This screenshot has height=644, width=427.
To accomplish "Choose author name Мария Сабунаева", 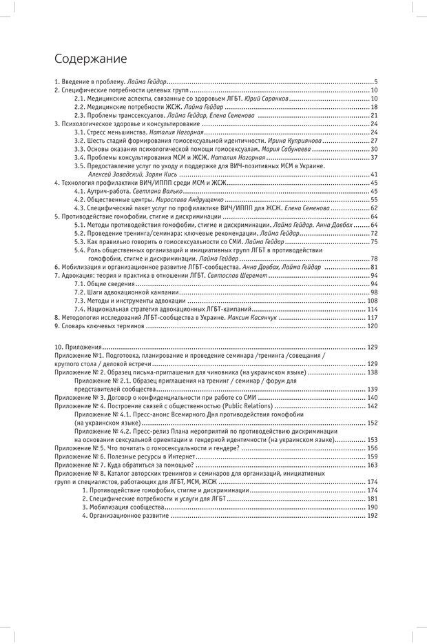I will point(312,148).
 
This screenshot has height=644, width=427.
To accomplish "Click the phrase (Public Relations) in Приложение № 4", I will point(240,407).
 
